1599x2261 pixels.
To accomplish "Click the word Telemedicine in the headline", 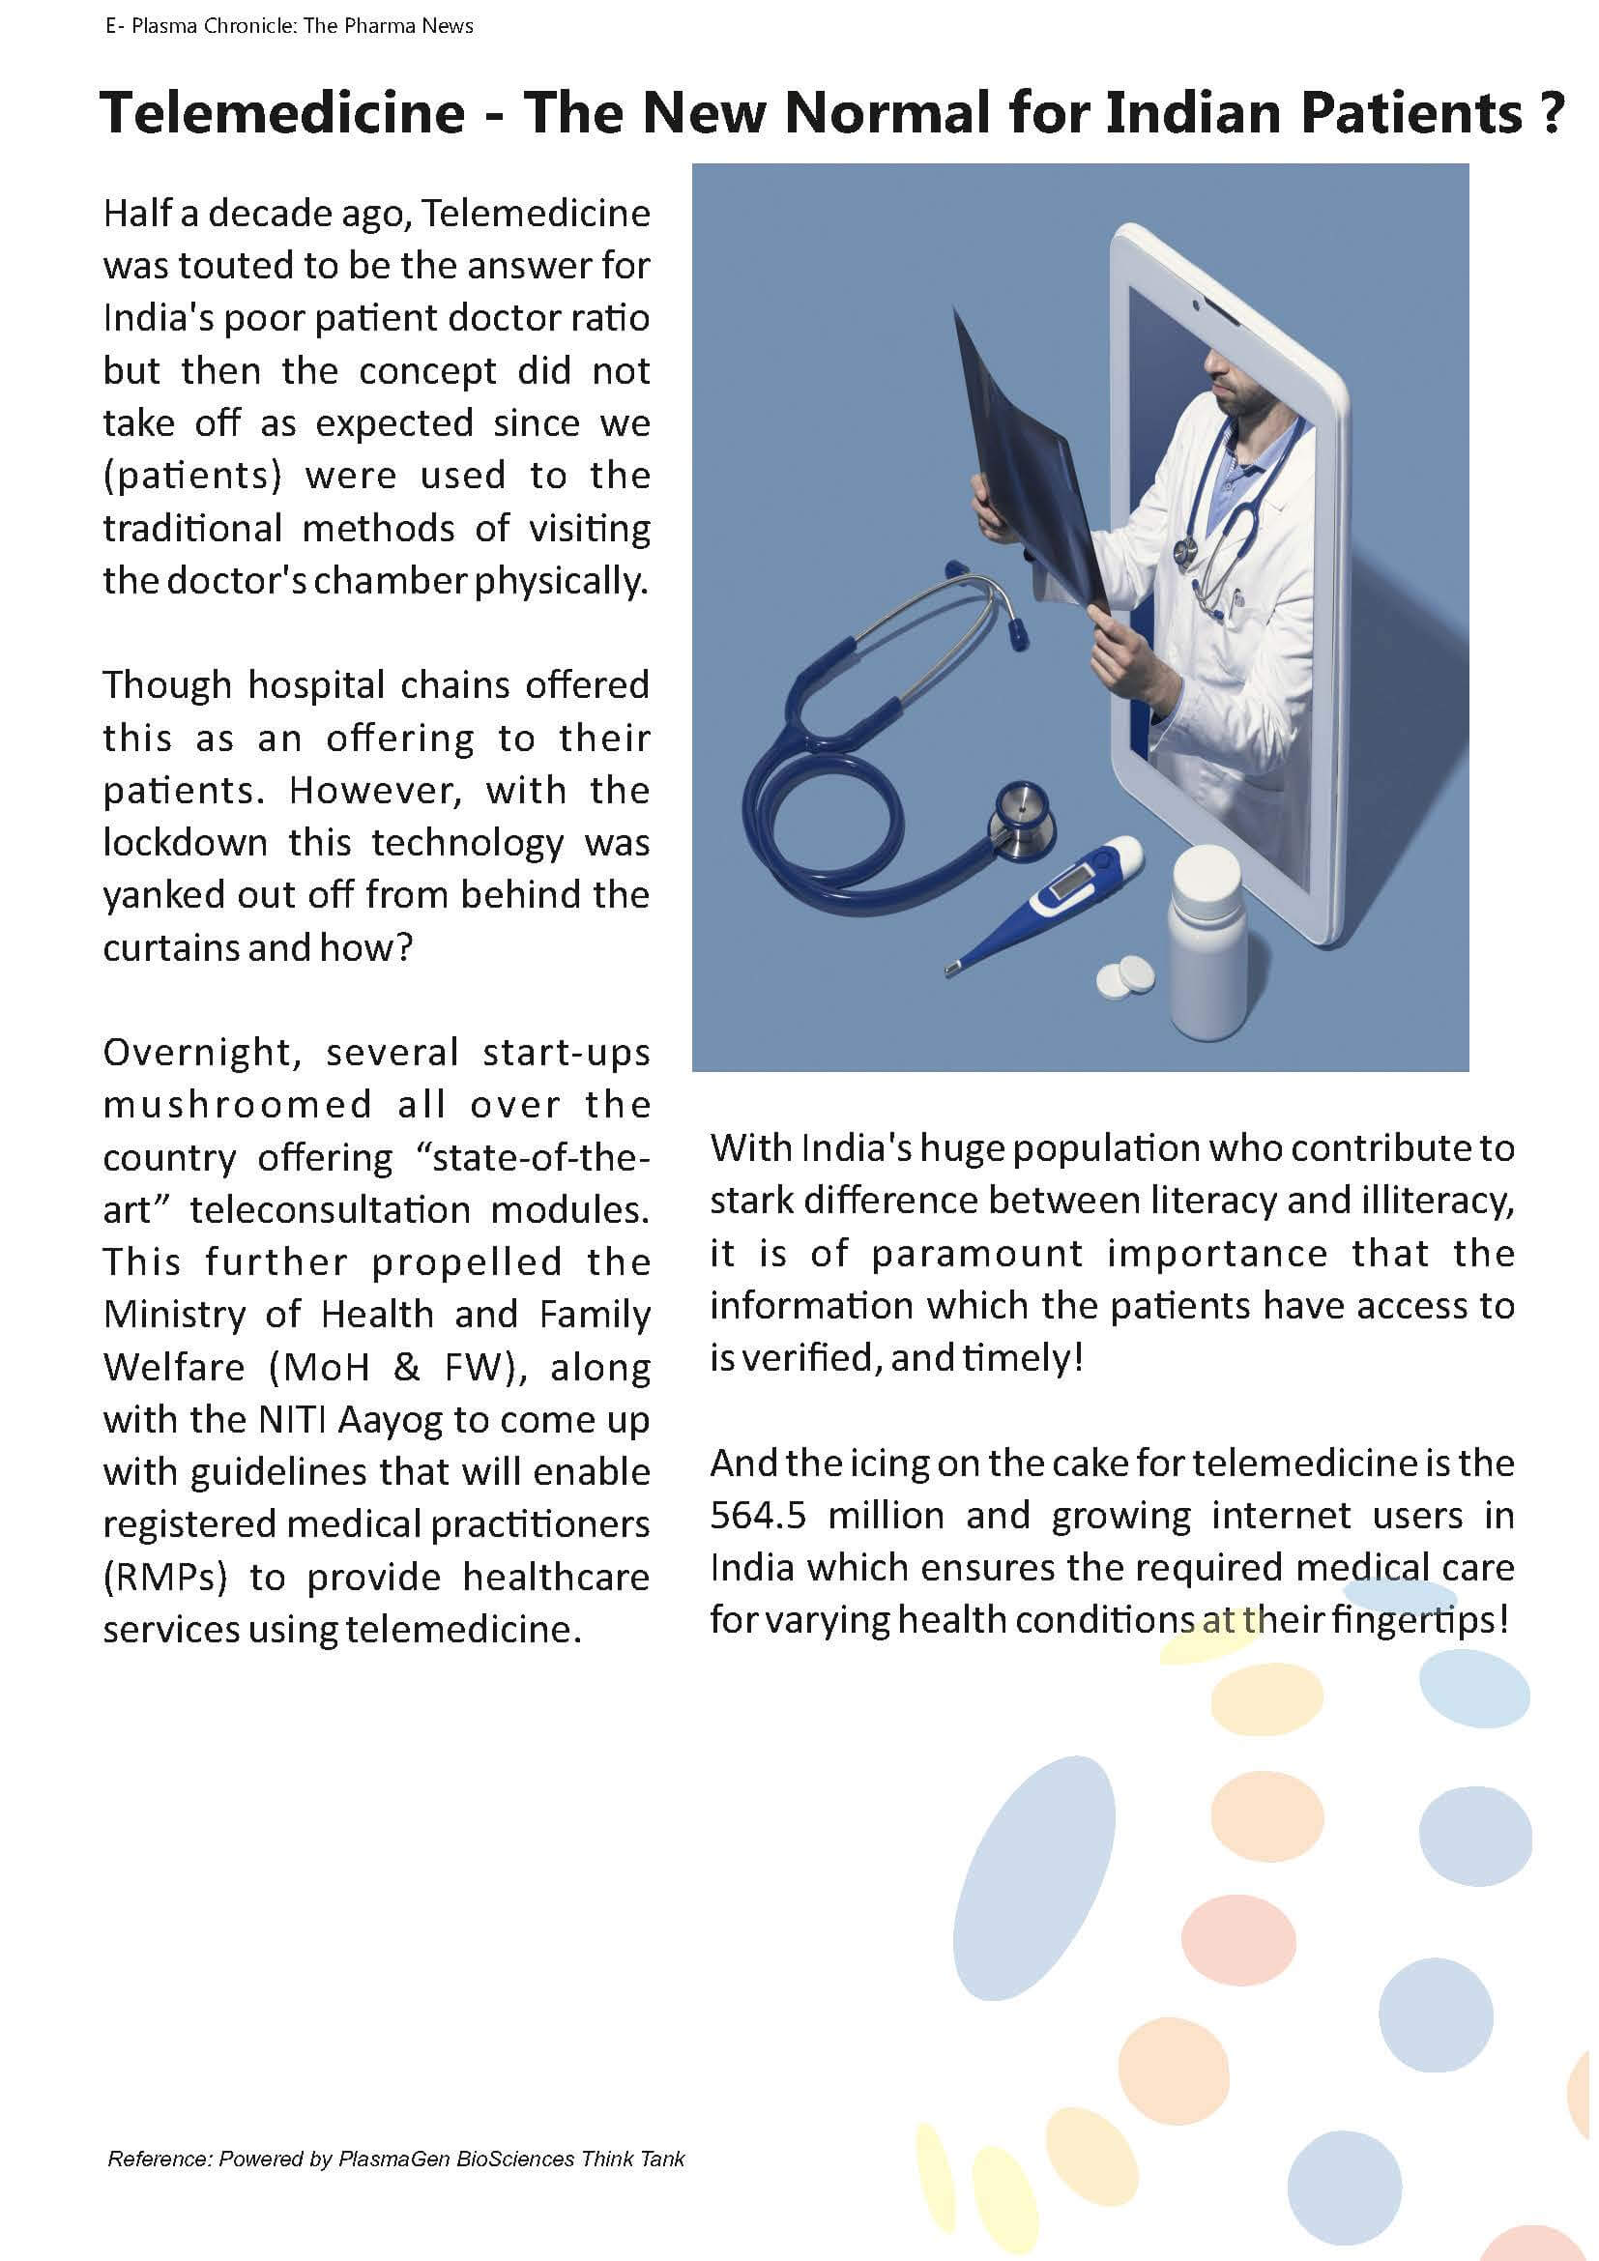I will [282, 112].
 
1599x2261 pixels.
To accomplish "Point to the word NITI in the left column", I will [294, 1419].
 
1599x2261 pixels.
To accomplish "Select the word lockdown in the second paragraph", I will [185, 842].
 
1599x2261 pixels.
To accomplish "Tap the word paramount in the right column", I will [977, 1253].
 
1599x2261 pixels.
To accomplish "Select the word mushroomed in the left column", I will [237, 1104].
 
